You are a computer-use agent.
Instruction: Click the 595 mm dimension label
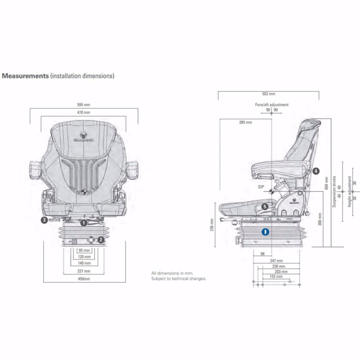(x=84, y=104)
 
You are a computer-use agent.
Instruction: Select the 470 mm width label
(x=84, y=113)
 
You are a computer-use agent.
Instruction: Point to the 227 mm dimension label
(x=84, y=271)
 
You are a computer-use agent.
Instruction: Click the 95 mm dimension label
(x=84, y=250)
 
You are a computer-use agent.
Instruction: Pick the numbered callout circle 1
(x=83, y=223)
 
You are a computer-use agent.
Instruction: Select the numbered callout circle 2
(x=100, y=240)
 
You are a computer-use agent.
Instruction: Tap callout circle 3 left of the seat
(x=44, y=221)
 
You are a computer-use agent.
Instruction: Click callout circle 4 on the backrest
(x=315, y=171)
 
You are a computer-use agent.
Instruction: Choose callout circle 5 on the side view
(x=265, y=207)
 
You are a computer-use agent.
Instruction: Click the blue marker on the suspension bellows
(x=266, y=232)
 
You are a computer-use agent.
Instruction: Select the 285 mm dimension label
(x=245, y=122)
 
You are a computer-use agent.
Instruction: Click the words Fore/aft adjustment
(x=270, y=105)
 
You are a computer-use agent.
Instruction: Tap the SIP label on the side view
(x=261, y=187)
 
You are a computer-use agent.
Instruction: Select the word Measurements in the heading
(x=26, y=76)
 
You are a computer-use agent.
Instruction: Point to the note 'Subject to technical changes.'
(x=179, y=278)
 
